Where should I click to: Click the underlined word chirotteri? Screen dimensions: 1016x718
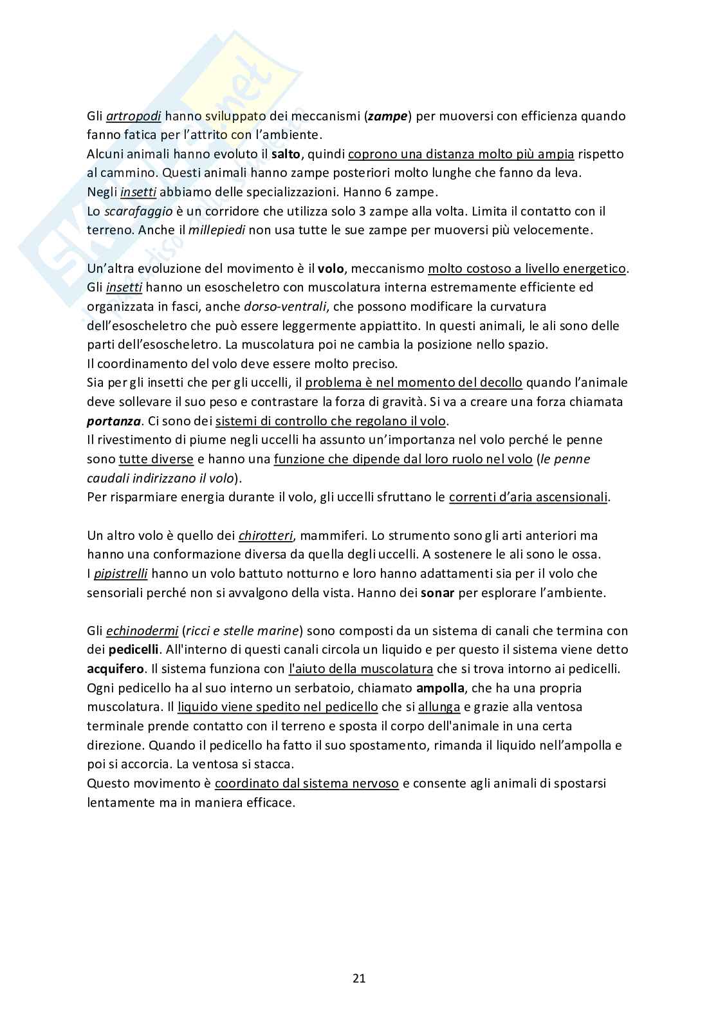[266, 535]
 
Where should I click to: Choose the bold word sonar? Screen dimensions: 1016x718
[437, 593]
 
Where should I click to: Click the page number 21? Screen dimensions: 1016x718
[359, 979]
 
